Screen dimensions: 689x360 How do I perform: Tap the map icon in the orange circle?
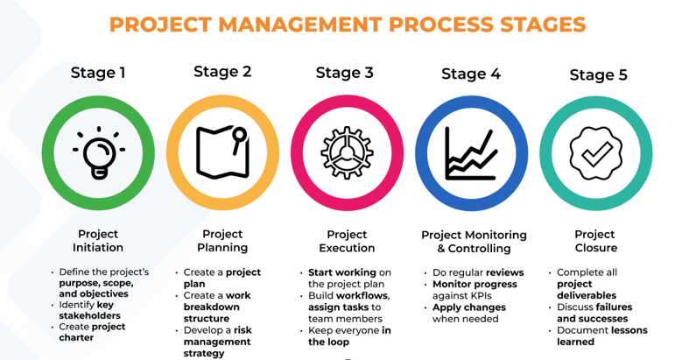tap(222, 152)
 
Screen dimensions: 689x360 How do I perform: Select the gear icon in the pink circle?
tap(348, 152)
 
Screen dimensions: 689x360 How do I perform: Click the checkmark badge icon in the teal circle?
tap(596, 153)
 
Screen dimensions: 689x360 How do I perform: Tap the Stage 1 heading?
tap(98, 73)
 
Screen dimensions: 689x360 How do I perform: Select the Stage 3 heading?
tap(345, 73)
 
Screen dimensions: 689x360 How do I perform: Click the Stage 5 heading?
tap(599, 74)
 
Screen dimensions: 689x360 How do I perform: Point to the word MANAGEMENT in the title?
tap(300, 25)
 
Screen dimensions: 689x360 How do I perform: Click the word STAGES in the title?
tap(543, 25)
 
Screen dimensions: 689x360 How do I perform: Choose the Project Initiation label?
tap(98, 241)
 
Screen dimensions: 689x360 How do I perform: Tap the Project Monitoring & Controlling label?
tap(475, 242)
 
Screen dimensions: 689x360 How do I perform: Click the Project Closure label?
tap(596, 241)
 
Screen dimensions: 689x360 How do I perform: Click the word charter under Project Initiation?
tap(76, 337)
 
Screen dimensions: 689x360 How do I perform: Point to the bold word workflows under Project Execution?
tap(369, 296)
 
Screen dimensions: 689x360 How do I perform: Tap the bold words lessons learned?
tap(602, 335)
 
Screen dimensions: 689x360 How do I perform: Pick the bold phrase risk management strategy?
tap(217, 342)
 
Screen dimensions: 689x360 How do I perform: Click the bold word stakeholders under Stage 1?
tap(89, 315)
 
